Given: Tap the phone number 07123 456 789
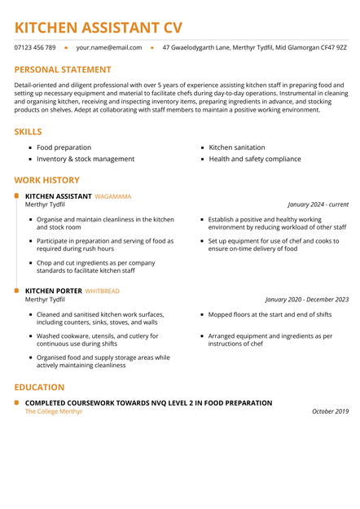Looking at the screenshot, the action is (x=35, y=48).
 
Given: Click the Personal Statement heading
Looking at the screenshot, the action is (x=63, y=70).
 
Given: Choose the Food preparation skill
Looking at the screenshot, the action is (x=64, y=147).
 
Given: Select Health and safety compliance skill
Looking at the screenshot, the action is (x=254, y=159).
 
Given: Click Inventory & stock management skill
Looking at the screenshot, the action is (x=85, y=159).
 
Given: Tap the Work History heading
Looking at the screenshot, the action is (x=47, y=180).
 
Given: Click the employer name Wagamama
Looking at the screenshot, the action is (x=113, y=196).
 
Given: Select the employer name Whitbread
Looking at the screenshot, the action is (x=103, y=291).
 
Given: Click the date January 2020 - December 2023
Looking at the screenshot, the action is (x=306, y=299).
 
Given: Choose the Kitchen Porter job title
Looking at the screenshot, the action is (x=54, y=291).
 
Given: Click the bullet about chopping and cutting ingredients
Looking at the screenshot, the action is (x=95, y=266).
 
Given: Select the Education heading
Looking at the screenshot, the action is (x=39, y=387).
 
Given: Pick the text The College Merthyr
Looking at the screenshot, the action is (x=54, y=411).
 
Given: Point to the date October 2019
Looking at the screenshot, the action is (x=330, y=411).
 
